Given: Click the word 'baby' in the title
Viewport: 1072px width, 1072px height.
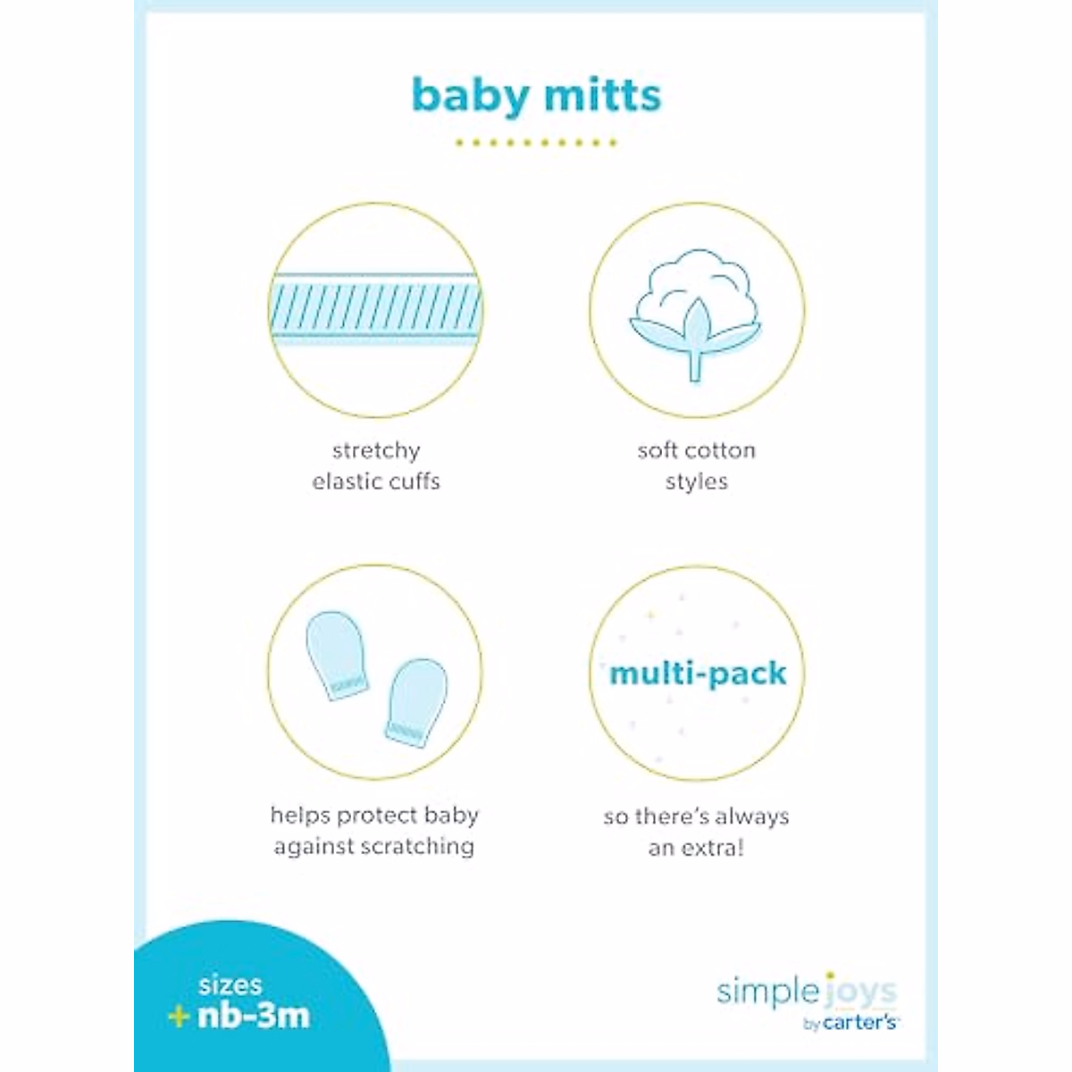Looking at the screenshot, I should coord(471,96).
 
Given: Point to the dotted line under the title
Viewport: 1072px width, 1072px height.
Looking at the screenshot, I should coord(536,142).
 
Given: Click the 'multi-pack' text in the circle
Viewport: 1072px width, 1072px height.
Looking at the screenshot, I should coord(698,674).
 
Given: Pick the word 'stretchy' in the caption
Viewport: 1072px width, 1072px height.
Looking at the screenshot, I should coord(376,450).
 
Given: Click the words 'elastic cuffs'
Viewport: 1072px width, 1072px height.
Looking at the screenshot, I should coord(376,482).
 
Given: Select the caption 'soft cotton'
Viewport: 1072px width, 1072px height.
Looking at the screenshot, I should coord(696,450).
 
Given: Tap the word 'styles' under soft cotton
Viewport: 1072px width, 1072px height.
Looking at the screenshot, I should coord(696,482).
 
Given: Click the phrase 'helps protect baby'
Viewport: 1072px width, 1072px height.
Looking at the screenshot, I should coord(375,816).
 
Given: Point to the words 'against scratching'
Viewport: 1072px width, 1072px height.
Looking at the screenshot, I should coord(374,847).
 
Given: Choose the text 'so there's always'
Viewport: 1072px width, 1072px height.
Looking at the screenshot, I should coord(696,817).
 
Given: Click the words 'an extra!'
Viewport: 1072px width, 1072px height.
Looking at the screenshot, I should coord(696,847).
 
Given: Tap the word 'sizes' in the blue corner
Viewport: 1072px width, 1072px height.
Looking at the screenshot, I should coord(230,985).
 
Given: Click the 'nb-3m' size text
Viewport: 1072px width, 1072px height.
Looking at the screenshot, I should coord(253,1016).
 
